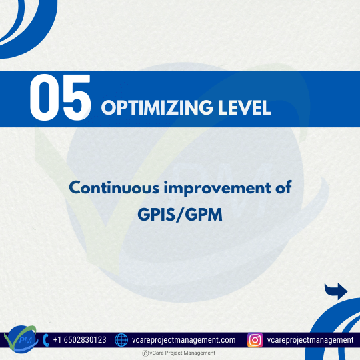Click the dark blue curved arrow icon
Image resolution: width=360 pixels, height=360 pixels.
[x=336, y=291]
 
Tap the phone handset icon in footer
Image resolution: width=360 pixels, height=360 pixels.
[x=45, y=340]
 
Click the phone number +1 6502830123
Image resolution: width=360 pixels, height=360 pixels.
[x=79, y=340]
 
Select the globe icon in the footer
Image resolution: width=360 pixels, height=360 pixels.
[x=121, y=340]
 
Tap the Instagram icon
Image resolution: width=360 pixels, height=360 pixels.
[x=255, y=340]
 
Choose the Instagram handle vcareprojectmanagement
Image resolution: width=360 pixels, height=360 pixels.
[x=310, y=340]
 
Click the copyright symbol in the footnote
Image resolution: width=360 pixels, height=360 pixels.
[x=145, y=353]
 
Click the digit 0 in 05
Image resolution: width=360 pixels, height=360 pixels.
[x=44, y=99]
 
